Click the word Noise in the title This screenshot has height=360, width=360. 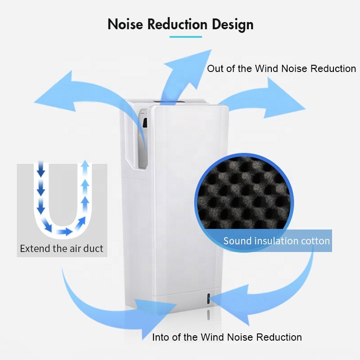click(x=125, y=24)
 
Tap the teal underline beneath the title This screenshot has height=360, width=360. click(x=186, y=37)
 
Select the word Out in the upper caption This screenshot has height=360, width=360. click(x=215, y=69)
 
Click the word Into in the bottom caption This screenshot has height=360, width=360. click(x=161, y=337)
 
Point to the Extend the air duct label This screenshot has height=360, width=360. click(x=62, y=249)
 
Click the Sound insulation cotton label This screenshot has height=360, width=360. click(x=276, y=241)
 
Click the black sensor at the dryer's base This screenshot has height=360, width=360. click(x=208, y=299)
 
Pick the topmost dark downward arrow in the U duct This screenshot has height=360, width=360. click(x=41, y=169)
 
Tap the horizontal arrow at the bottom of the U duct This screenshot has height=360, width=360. click(x=64, y=231)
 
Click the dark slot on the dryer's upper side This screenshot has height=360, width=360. click(x=145, y=122)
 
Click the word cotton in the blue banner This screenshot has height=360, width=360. click(x=315, y=241)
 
